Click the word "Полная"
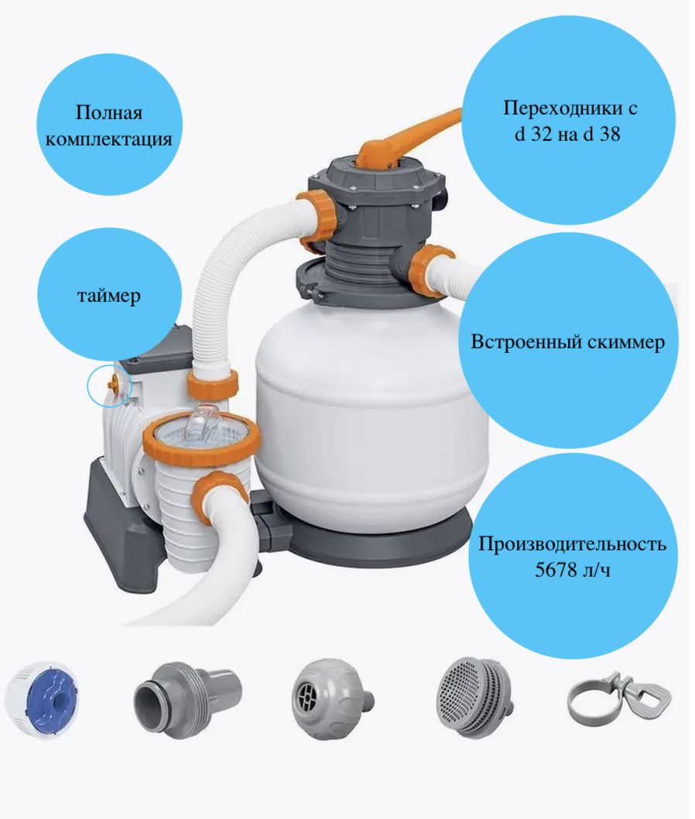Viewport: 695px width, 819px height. coord(109,112)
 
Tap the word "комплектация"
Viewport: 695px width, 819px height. coord(108,139)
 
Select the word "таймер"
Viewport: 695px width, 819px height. coord(109,296)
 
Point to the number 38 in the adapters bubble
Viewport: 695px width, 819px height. coord(610,134)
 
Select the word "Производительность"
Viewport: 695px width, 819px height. coord(572,543)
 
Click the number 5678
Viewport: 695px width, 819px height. coord(555,569)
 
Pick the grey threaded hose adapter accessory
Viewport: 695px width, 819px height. coord(187,698)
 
